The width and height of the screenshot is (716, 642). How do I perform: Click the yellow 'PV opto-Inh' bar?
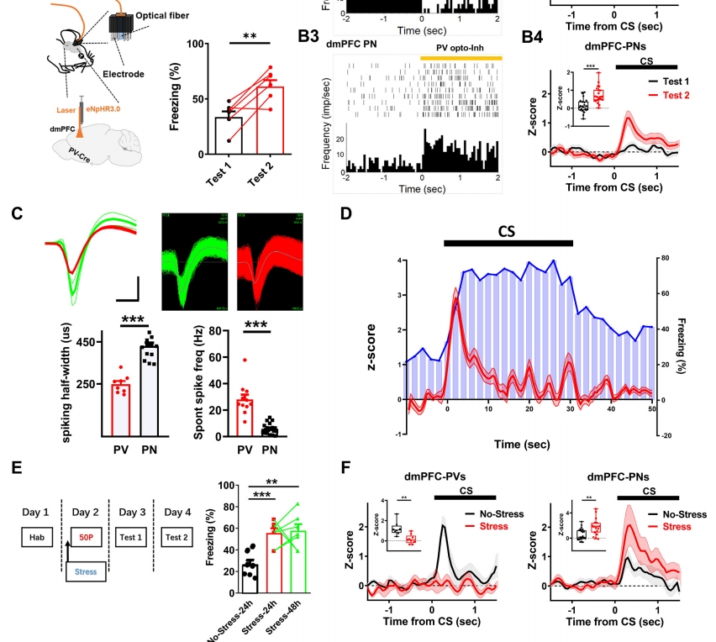[x=461, y=57]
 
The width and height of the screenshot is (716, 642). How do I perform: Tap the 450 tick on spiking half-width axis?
[x=82, y=342]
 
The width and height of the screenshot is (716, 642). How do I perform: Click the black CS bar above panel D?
[x=508, y=243]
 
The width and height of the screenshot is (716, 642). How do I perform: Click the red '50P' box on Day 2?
[x=85, y=535]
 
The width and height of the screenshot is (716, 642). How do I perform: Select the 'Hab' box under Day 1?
[x=36, y=535]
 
